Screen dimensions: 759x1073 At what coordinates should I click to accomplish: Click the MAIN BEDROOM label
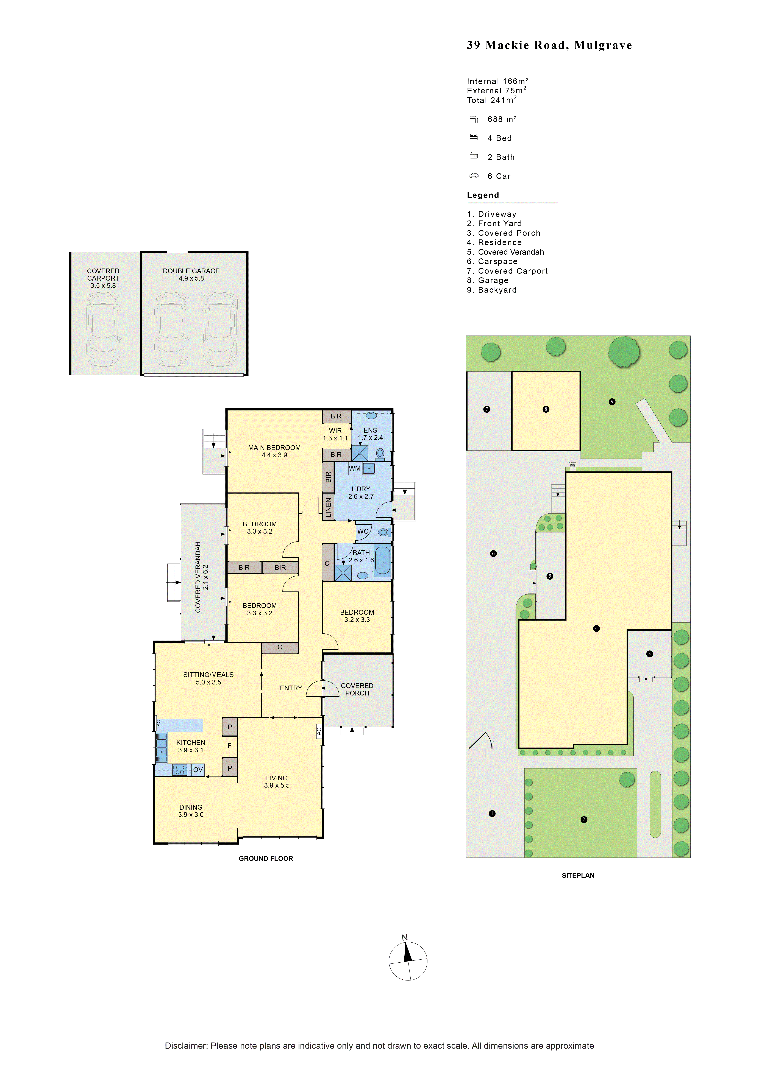(x=274, y=448)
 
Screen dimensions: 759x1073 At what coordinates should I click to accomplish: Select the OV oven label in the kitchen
(x=198, y=770)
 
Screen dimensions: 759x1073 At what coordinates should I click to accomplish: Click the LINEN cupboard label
(x=328, y=508)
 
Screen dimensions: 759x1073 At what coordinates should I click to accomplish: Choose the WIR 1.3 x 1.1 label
(x=335, y=434)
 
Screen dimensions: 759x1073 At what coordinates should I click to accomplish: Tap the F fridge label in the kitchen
(x=229, y=746)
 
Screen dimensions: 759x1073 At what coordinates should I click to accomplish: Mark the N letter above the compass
(x=405, y=937)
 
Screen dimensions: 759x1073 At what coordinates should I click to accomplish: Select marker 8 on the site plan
(x=546, y=409)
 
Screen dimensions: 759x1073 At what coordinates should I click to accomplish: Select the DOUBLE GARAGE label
(x=191, y=271)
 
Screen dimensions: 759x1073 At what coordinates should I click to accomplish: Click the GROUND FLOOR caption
(x=266, y=859)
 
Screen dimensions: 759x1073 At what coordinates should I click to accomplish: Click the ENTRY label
(x=291, y=688)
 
